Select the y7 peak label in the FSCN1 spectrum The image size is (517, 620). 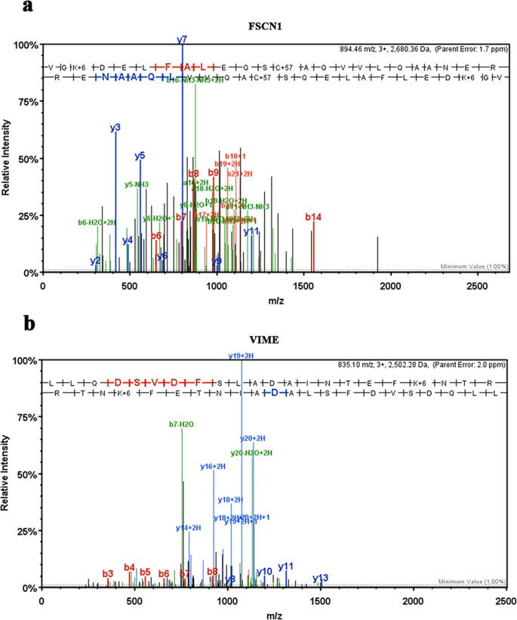[x=182, y=39]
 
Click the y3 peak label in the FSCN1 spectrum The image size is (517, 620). [x=115, y=128]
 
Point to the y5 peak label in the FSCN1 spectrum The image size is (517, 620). [x=140, y=156]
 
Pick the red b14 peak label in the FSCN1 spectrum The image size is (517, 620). [x=313, y=217]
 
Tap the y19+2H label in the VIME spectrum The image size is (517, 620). [x=242, y=354]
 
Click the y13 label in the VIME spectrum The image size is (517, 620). [x=321, y=578]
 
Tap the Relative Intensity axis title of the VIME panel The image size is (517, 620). [x=7, y=474]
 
